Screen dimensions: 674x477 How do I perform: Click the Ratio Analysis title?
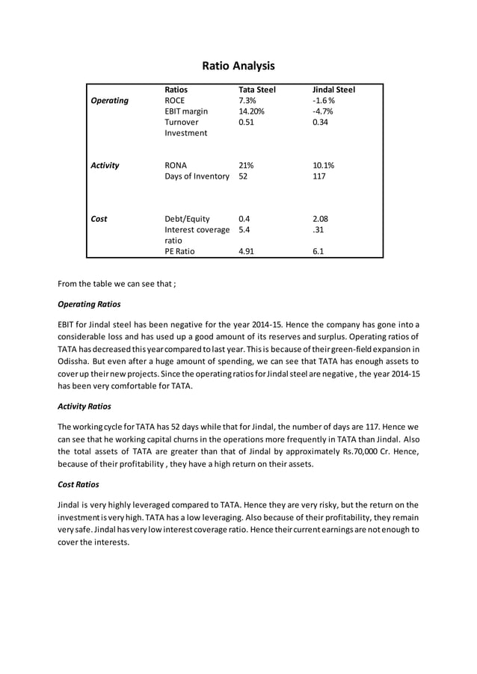(x=238, y=66)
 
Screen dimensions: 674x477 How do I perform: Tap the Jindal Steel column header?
(x=333, y=90)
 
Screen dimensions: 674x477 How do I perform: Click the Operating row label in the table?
(x=109, y=100)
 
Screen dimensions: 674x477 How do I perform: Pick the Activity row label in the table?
(x=105, y=165)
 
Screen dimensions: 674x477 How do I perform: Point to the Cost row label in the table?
(x=99, y=219)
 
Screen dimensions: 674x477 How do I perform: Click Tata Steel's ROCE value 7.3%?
(x=247, y=100)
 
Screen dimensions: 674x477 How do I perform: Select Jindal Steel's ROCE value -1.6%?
(x=324, y=100)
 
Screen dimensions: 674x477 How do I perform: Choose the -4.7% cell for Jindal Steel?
(x=323, y=111)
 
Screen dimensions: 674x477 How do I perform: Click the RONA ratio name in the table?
(x=176, y=165)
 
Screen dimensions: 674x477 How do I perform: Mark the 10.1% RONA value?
(x=323, y=165)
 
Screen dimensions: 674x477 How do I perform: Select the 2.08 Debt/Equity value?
(x=320, y=219)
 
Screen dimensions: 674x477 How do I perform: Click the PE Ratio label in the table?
(x=179, y=252)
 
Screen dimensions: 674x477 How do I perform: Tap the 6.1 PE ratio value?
(x=318, y=252)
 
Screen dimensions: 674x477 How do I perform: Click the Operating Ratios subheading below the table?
(x=89, y=304)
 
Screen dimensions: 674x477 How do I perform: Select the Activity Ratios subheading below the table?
(x=84, y=406)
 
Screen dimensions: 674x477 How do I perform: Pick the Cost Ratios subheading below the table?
(x=79, y=484)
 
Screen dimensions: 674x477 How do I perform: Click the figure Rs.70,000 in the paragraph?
(x=344, y=453)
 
